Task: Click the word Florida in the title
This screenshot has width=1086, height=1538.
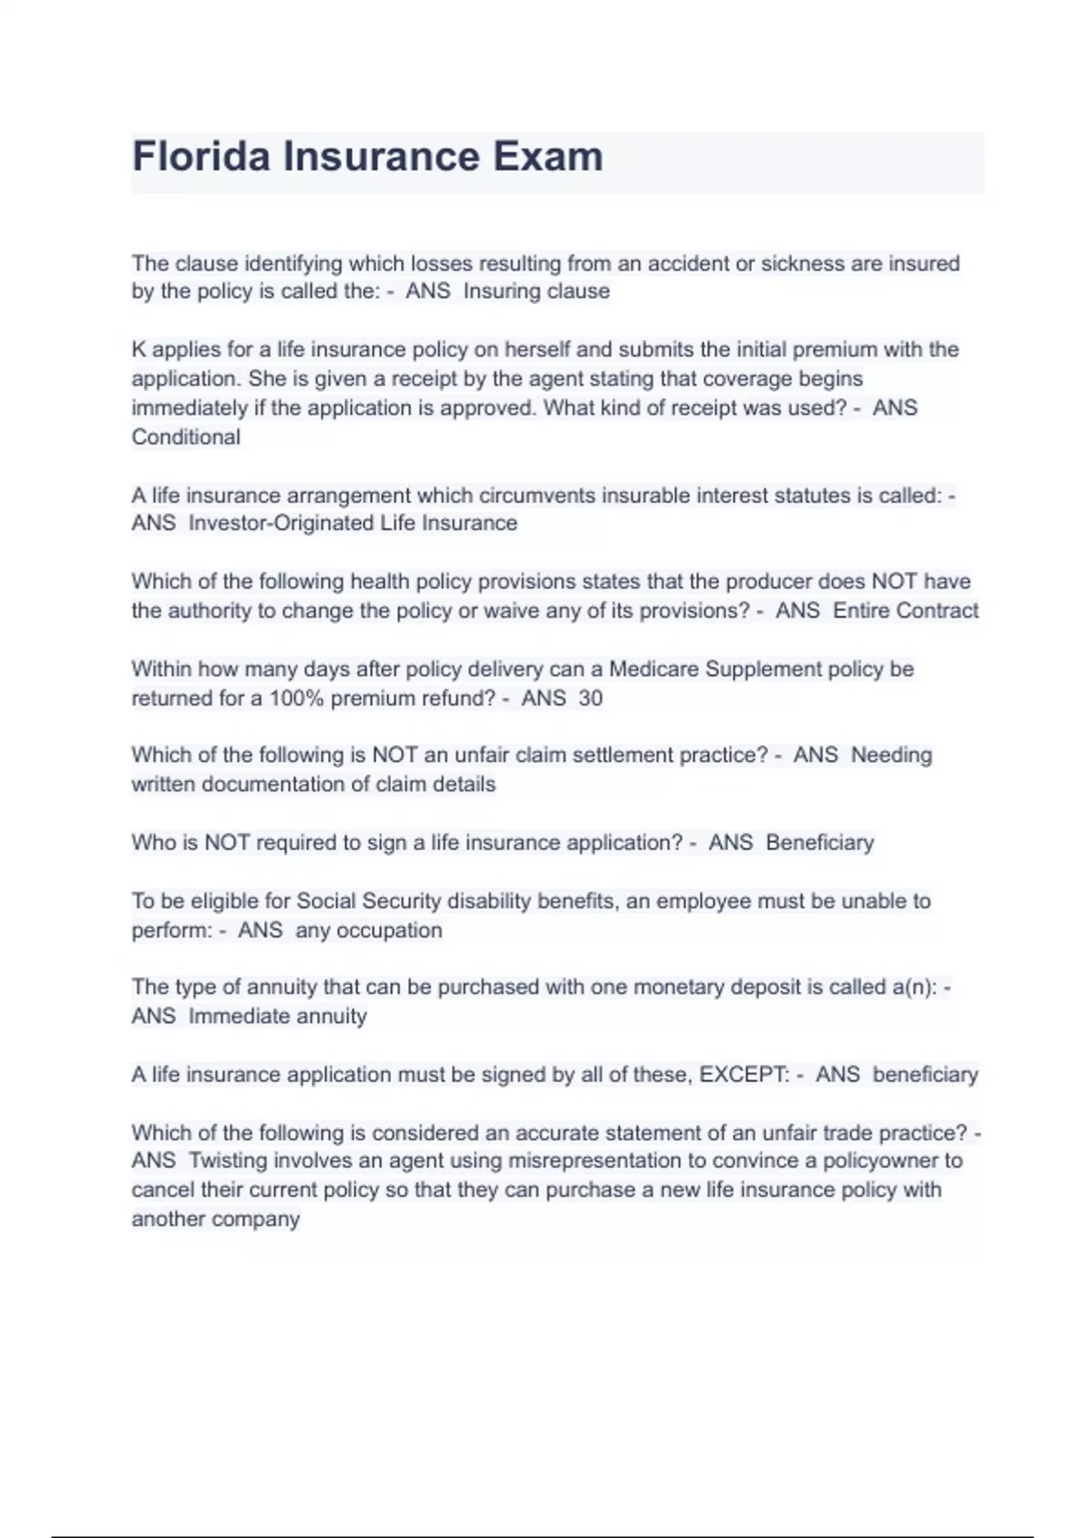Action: (201, 157)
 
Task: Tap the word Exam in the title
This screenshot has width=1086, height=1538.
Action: (548, 157)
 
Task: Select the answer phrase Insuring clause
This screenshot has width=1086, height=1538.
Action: (536, 291)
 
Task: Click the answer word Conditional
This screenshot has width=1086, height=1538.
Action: (186, 437)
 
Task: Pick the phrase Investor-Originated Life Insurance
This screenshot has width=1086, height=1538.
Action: (353, 523)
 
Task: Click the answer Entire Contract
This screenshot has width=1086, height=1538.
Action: (906, 611)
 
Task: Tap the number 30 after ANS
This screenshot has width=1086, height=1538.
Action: (590, 698)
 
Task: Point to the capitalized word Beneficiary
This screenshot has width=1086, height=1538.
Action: (820, 842)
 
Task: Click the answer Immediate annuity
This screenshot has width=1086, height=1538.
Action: (278, 1016)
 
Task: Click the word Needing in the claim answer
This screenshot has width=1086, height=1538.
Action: (891, 755)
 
